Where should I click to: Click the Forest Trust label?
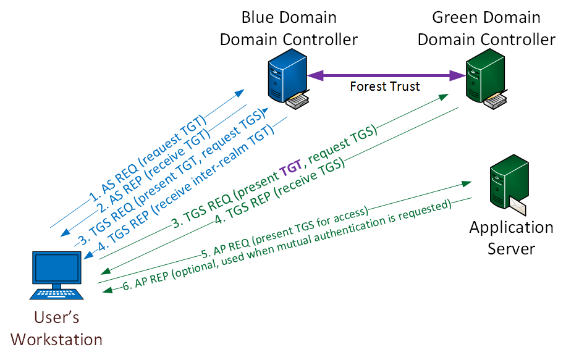[384, 86]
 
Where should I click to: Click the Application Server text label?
[511, 238]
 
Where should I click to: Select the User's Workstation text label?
[57, 329]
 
